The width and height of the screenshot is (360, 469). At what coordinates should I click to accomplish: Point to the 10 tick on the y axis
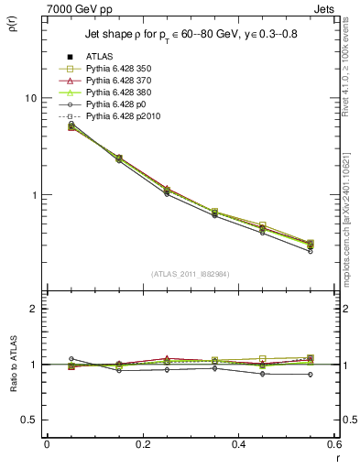pos(32,98)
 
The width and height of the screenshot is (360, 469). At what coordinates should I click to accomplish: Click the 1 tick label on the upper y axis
pos(35,195)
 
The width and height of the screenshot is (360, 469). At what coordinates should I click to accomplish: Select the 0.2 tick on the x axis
pos(142,444)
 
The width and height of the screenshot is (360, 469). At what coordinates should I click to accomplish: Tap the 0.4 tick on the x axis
pos(238,444)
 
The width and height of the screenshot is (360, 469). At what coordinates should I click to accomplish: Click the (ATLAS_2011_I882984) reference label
pos(190,274)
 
